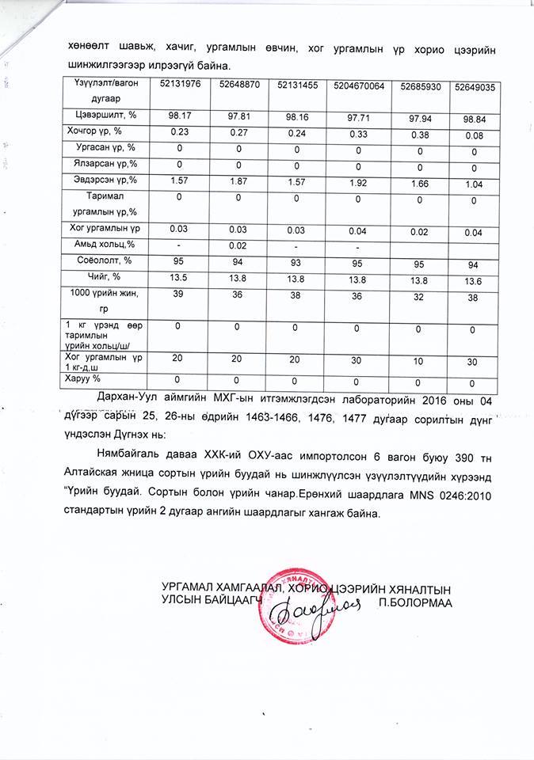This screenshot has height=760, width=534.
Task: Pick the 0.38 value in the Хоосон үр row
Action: [421, 134]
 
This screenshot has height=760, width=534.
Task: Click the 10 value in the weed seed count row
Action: [420, 360]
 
